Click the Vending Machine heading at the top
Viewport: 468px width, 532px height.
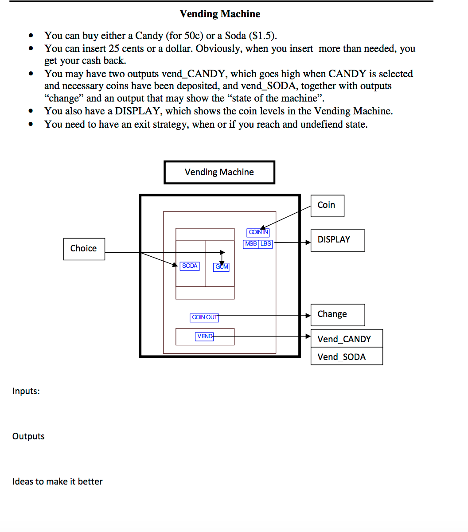(220, 14)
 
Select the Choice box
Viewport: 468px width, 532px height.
(84, 248)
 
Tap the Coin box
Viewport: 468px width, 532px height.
(327, 205)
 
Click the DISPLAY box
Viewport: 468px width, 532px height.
(337, 240)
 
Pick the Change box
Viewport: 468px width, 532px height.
(337, 314)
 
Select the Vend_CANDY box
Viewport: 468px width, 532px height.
(346, 339)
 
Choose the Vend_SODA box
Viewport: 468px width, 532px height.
(346, 357)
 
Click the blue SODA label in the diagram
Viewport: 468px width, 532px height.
(190, 266)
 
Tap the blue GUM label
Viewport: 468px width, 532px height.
(222, 267)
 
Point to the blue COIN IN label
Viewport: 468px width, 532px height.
(258, 232)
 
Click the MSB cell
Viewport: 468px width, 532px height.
(251, 244)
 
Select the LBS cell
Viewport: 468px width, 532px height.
(265, 244)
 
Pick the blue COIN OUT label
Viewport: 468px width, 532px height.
(204, 317)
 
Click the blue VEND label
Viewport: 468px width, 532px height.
(204, 336)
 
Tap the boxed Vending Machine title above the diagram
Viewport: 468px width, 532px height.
(219, 172)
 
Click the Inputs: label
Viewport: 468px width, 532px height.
(26, 391)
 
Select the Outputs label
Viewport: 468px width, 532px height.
(28, 436)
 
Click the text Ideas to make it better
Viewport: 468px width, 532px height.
(57, 481)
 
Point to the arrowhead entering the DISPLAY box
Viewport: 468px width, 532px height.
(308, 243)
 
